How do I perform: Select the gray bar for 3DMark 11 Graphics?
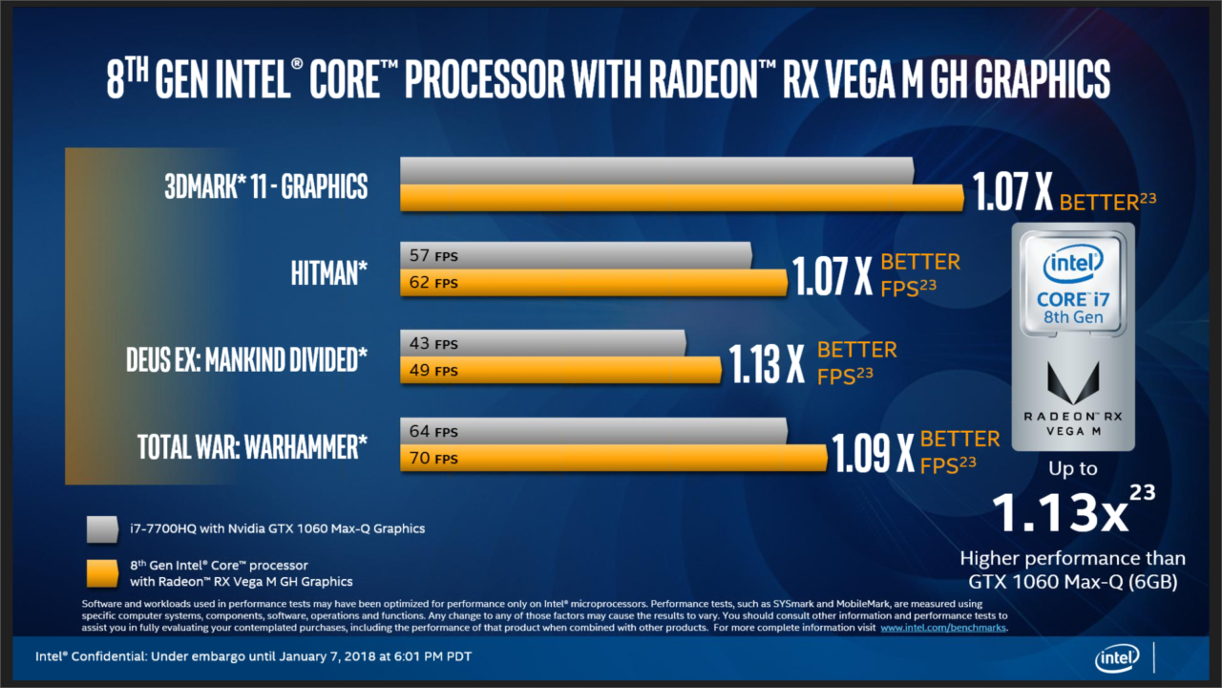click(x=657, y=171)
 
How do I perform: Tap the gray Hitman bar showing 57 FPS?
click(x=576, y=256)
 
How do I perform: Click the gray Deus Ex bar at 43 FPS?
click(x=542, y=343)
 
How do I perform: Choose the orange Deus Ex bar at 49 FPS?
click(x=560, y=370)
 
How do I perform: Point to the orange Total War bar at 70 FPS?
click(x=613, y=458)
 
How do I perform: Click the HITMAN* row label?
click(x=328, y=273)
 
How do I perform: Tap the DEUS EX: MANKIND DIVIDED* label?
click(x=246, y=360)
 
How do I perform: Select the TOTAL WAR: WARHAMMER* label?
click(x=252, y=446)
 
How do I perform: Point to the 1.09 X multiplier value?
click(x=873, y=452)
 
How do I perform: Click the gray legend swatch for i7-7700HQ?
click(x=101, y=528)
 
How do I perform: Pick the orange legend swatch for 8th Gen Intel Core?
click(x=101, y=573)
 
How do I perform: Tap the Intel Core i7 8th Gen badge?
click(x=1073, y=284)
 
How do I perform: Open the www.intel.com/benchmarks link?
click(x=942, y=629)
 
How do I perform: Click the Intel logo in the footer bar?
click(x=1116, y=657)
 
